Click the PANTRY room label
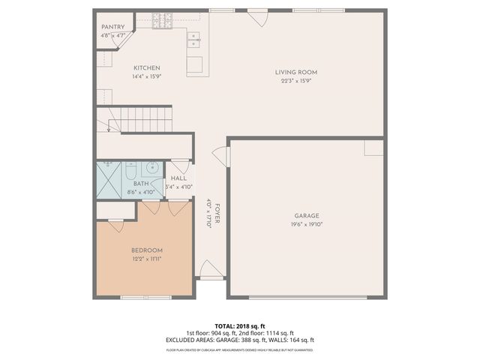pyautogui.click(x=112, y=27)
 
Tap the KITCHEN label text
pyautogui.click(x=147, y=67)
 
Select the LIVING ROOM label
pyautogui.click(x=295, y=73)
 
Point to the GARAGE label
pyautogui.click(x=306, y=216)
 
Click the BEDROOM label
pyautogui.click(x=147, y=250)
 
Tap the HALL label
pyautogui.click(x=178, y=178)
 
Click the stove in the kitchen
pyautogui.click(x=162, y=20)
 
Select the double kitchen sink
pyautogui.click(x=193, y=39)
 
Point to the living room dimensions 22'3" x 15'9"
pyautogui.click(x=295, y=81)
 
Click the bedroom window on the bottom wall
pyautogui.click(x=144, y=298)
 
